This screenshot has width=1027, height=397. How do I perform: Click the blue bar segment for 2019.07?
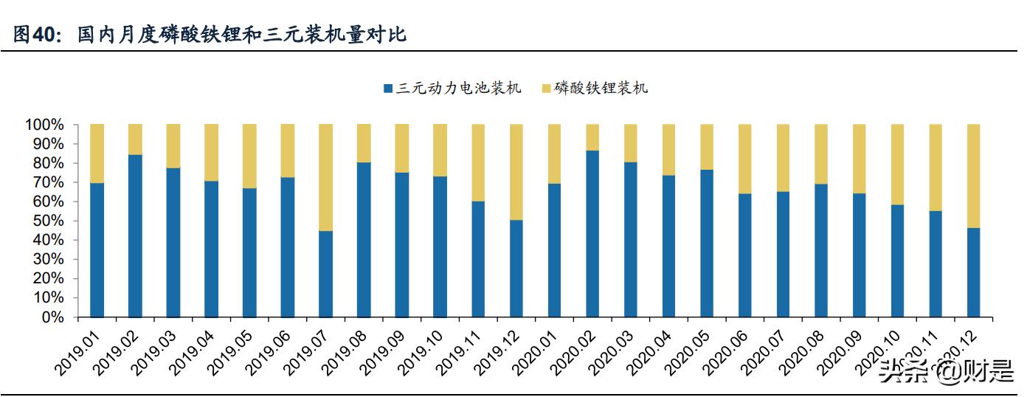coord(325,274)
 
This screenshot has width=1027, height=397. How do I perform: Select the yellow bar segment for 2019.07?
coord(325,177)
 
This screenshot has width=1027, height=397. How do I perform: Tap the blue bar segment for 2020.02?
coord(592,234)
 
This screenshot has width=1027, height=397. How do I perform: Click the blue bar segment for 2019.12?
coord(516,269)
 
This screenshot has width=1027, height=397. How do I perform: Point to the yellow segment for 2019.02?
coord(135,139)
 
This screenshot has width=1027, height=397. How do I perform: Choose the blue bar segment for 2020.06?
coord(744,255)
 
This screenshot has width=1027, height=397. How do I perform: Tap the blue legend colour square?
coord(388,89)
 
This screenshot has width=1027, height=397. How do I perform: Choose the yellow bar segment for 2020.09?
coord(859,159)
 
